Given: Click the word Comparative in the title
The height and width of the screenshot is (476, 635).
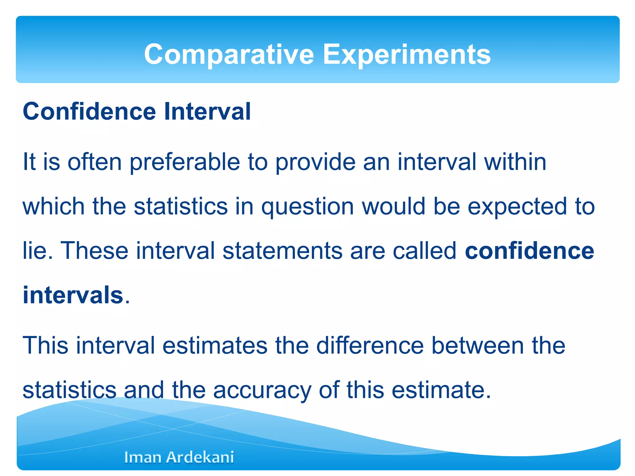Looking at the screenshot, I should point(229,55).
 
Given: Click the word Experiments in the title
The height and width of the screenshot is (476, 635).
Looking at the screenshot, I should point(407,55).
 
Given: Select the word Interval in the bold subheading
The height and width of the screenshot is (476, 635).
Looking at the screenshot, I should point(207,112).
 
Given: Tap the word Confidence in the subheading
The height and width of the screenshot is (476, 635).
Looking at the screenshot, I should point(89,112).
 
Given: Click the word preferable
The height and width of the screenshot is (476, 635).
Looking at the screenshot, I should point(185,162).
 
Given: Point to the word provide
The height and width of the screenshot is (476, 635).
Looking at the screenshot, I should point(315,162).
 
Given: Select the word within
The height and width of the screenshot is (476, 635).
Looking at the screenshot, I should point(515,162).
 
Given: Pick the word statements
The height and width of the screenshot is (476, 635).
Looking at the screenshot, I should point(282,251).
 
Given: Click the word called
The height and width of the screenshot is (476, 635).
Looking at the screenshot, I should point(424,251).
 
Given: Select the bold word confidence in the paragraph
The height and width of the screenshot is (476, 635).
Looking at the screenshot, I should point(529,251).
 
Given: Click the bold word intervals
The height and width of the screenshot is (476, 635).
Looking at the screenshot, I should point(73,295).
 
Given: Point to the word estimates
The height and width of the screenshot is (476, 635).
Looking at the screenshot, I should point(215,346).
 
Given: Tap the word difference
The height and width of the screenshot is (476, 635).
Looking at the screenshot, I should point(370,346).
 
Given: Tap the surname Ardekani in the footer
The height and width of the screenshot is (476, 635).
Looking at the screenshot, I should point(200,457).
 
